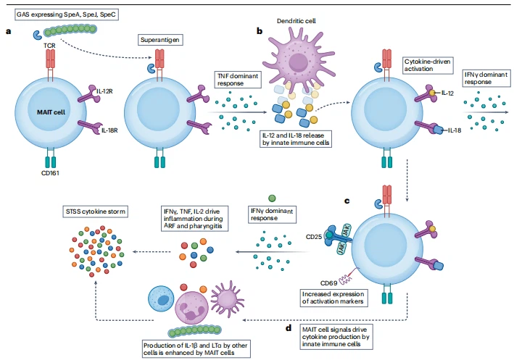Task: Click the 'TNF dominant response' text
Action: [x=237, y=79]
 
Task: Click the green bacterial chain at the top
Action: [x=69, y=33]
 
